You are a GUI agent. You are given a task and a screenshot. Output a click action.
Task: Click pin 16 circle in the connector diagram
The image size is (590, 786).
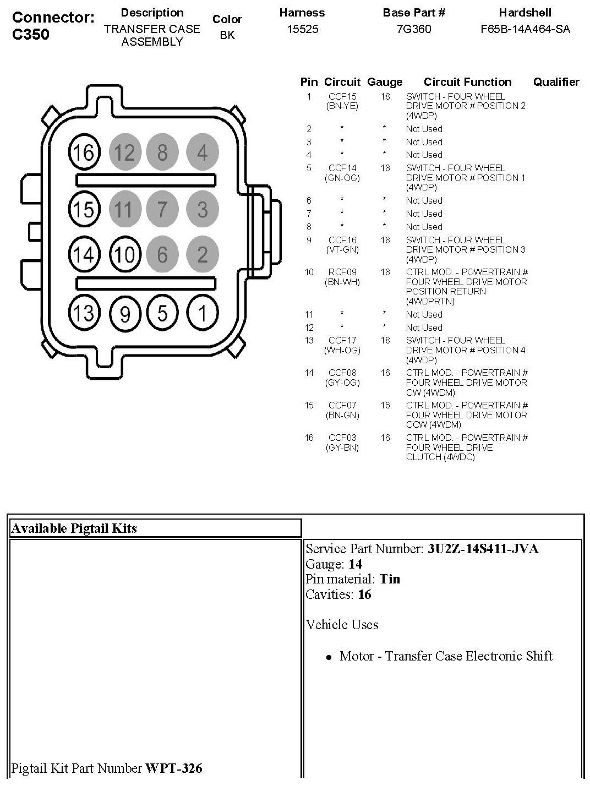(x=84, y=152)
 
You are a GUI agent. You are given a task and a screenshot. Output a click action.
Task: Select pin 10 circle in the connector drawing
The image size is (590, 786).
(x=125, y=255)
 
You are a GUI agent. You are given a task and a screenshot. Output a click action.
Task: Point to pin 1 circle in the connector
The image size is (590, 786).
(x=203, y=313)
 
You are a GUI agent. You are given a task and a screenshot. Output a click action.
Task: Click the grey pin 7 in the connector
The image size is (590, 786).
(x=162, y=209)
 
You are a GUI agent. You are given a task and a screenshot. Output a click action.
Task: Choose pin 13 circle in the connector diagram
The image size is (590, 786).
(x=84, y=313)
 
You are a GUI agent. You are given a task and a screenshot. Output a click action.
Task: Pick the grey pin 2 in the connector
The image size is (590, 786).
(x=203, y=255)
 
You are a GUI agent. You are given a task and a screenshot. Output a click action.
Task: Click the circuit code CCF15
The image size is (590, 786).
(x=342, y=96)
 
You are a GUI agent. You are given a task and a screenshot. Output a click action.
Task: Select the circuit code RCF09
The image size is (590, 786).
(x=342, y=272)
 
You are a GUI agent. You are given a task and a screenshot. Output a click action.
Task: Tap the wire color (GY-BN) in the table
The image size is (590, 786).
(x=342, y=447)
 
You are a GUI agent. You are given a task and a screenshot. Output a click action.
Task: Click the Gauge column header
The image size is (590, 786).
(x=385, y=82)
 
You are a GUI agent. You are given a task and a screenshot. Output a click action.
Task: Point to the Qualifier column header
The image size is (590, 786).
(x=556, y=82)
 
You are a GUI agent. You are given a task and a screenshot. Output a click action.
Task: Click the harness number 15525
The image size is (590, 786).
(x=303, y=29)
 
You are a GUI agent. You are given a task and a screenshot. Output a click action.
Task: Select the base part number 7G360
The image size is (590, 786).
(x=414, y=29)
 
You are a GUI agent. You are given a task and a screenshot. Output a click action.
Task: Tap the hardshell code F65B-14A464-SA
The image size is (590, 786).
(x=525, y=29)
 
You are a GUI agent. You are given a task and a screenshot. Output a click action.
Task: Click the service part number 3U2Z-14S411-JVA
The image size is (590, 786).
(x=483, y=549)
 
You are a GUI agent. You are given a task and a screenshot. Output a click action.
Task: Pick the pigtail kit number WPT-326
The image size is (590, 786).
(x=173, y=768)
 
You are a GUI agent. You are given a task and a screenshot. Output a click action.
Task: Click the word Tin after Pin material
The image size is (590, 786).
(x=390, y=579)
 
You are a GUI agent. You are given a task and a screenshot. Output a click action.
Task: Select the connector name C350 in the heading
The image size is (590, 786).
(x=31, y=35)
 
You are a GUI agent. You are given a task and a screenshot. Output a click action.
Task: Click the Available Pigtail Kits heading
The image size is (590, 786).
(x=74, y=528)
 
